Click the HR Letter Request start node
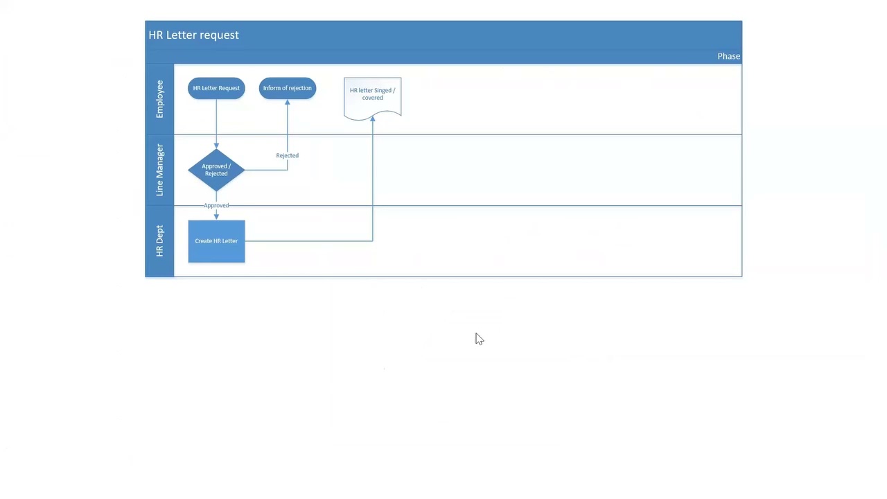tap(216, 88)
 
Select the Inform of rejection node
tap(287, 88)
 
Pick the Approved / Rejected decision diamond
tap(216, 170)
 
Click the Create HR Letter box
tap(216, 241)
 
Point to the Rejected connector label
tap(287, 155)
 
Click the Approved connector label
tap(216, 205)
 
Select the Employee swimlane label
tap(159, 99)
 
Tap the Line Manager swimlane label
tap(159, 170)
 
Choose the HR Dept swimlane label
tap(159, 241)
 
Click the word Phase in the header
tap(728, 56)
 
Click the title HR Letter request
tap(193, 35)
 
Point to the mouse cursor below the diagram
tap(479, 338)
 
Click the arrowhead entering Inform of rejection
tap(287, 103)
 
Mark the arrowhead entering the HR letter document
tap(373, 119)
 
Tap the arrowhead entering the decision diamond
tap(216, 146)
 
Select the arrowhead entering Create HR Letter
tap(216, 216)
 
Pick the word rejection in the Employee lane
tap(300, 88)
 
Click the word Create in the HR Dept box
tap(203, 241)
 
